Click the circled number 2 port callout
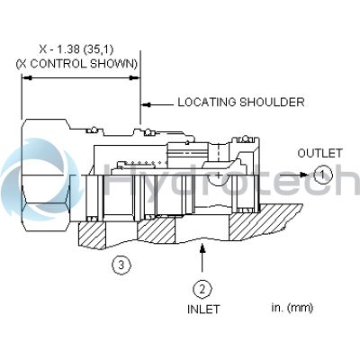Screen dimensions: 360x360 pyautogui.click(x=204, y=289)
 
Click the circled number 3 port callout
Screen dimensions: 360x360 pyautogui.click(x=120, y=264)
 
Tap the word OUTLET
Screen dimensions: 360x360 pyautogui.click(x=314, y=152)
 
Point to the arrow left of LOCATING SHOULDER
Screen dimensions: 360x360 pyautogui.click(x=153, y=102)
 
